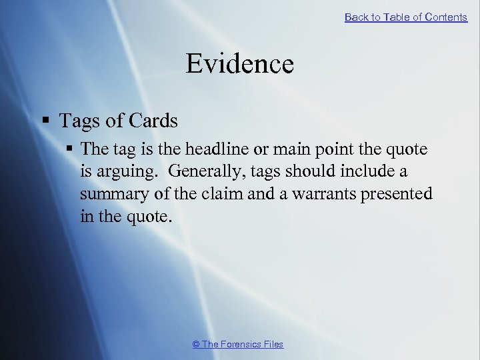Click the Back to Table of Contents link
[x=405, y=17]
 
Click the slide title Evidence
[x=239, y=64]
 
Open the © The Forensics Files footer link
[x=238, y=344]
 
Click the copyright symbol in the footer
[x=196, y=344]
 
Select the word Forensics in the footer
[x=242, y=344]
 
